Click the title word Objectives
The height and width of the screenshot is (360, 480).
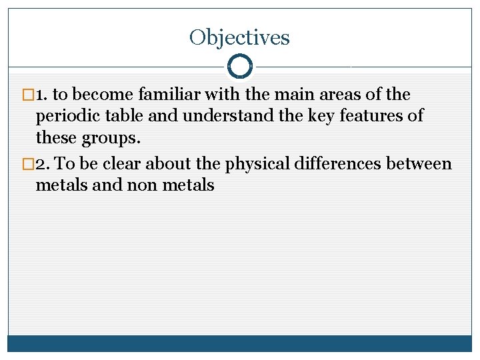pos(239,37)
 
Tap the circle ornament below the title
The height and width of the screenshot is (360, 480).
pos(239,67)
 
